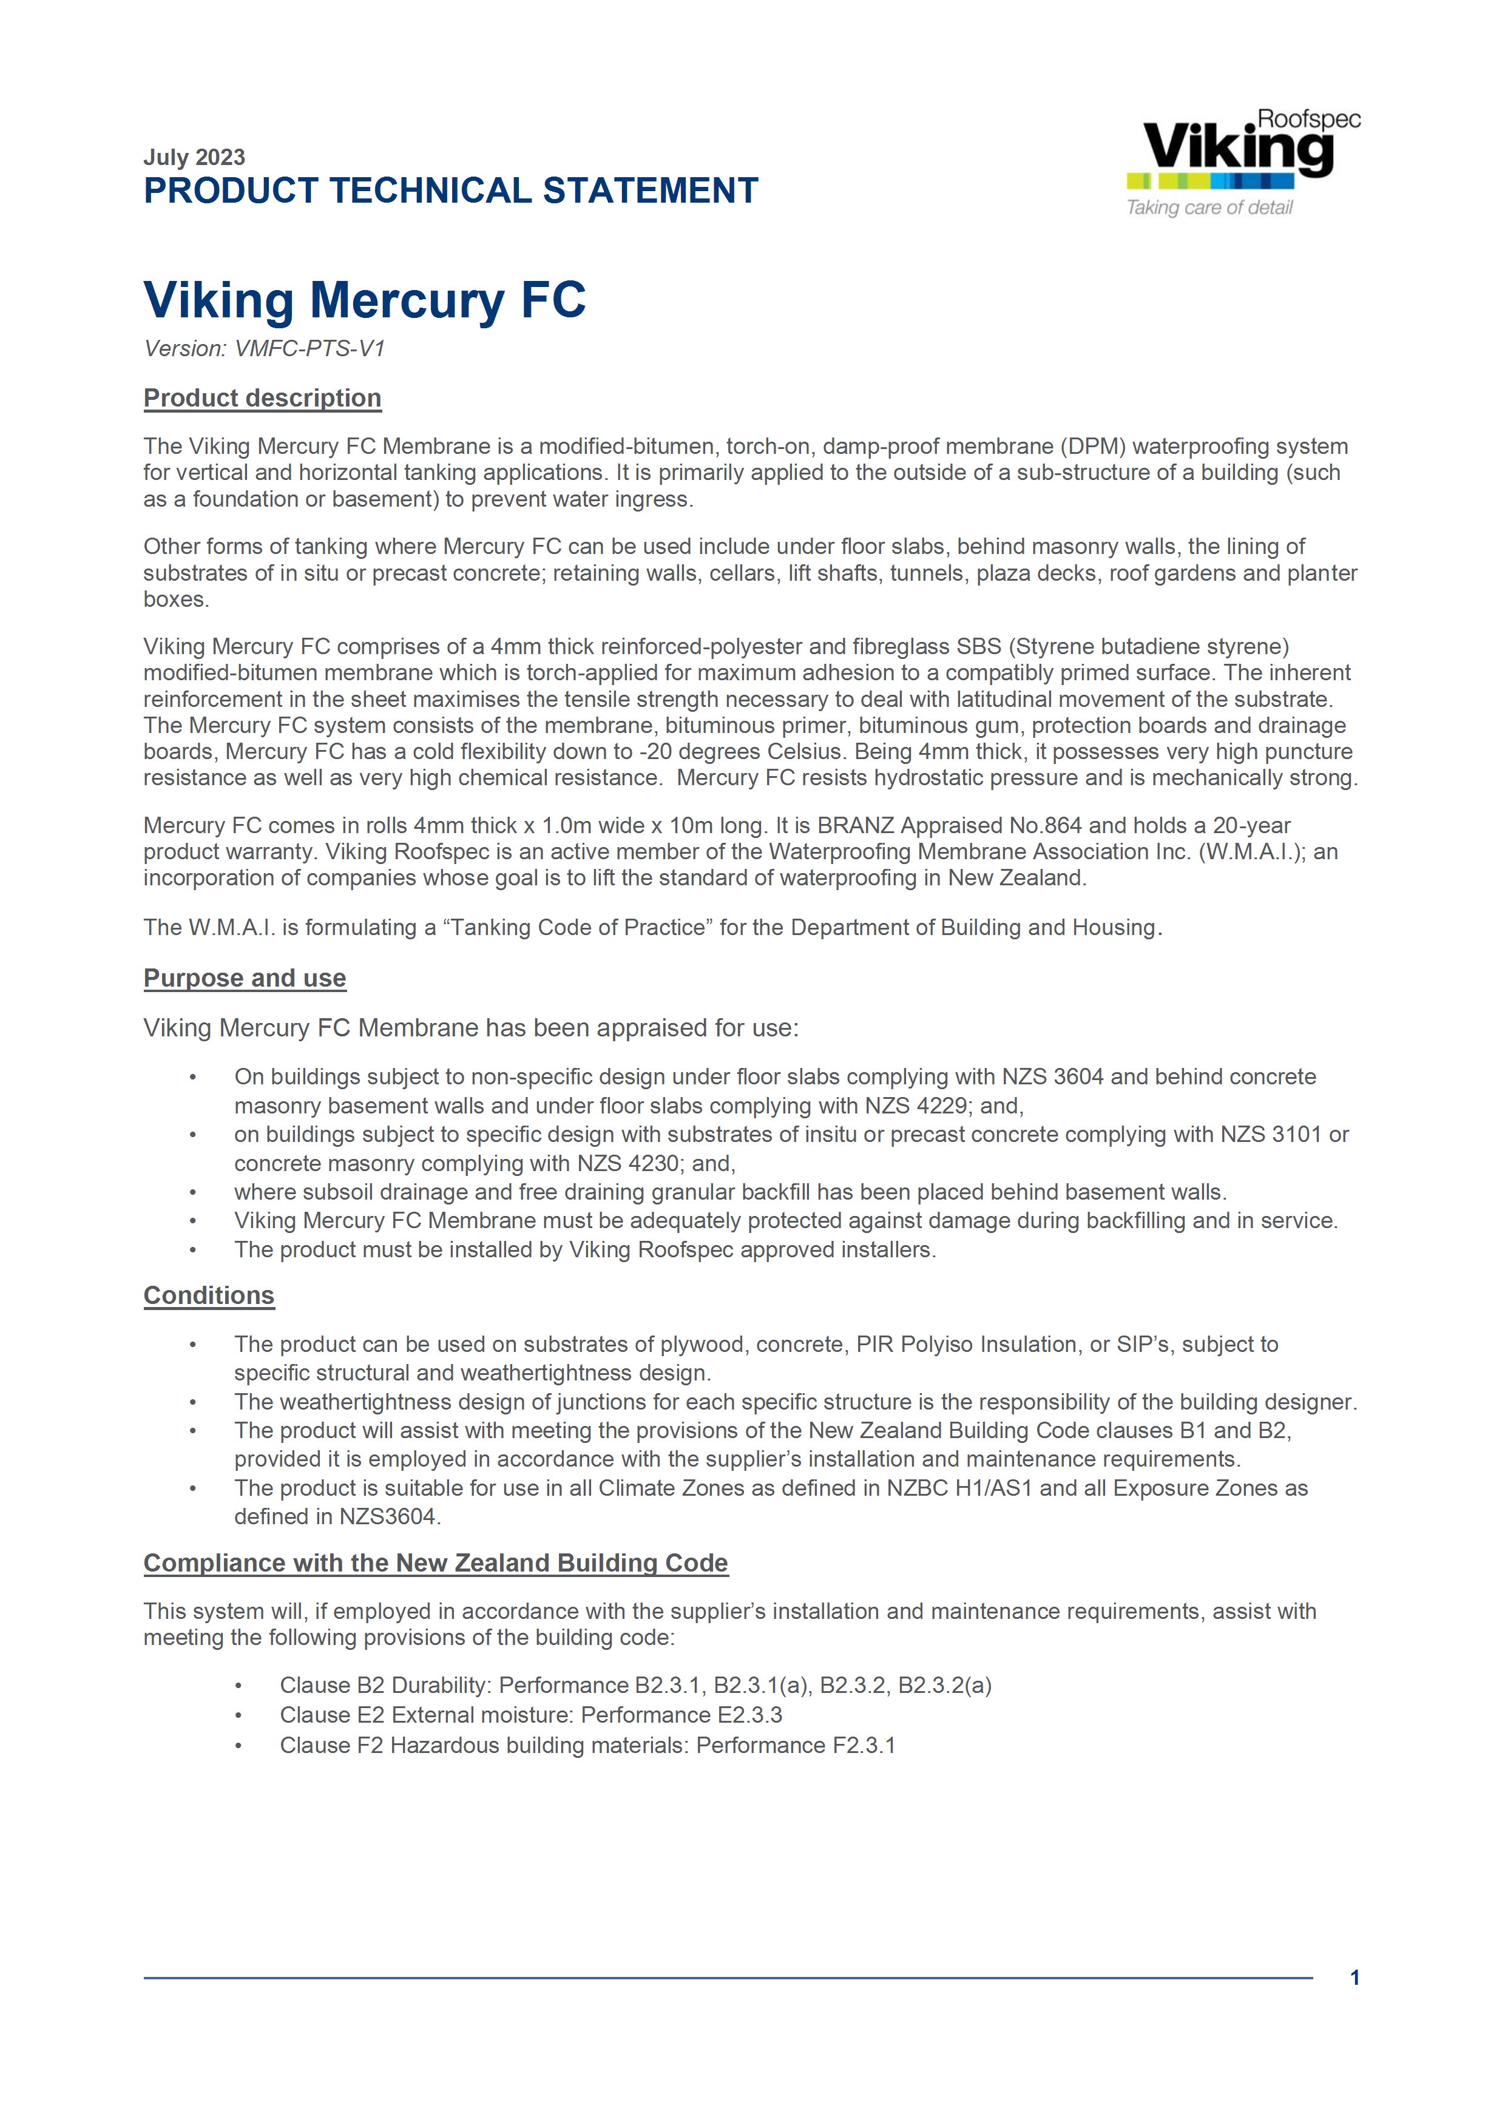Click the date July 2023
pyautogui.click(x=194, y=158)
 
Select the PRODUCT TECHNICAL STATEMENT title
pyautogui.click(x=450, y=191)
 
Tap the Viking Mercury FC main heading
pyautogui.click(x=364, y=300)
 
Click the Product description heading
pyautogui.click(x=262, y=399)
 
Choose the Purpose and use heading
pyautogui.click(x=245, y=979)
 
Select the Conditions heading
pyautogui.click(x=209, y=1295)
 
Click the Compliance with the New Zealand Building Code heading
pyautogui.click(x=436, y=1564)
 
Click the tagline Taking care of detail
pyautogui.click(x=1208, y=208)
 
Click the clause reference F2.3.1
pyautogui.click(x=864, y=1746)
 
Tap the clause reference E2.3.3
pyautogui.click(x=749, y=1715)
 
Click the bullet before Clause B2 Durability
pyautogui.click(x=238, y=1686)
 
